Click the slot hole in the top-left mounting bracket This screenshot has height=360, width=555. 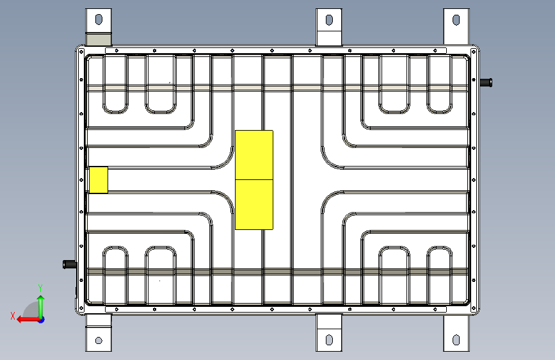click(x=98, y=20)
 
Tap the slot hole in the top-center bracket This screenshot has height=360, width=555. click(x=329, y=20)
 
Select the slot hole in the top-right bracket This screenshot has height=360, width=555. click(x=456, y=20)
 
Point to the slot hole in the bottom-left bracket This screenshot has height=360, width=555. click(x=99, y=340)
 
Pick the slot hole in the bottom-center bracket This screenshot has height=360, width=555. click(x=329, y=340)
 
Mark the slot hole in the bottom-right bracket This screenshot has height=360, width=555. click(x=456, y=340)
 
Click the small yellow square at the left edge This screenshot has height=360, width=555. click(x=98, y=179)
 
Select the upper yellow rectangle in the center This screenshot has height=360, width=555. click(x=254, y=154)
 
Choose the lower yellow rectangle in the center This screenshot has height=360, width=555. click(x=254, y=204)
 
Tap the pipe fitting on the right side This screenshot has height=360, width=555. click(x=487, y=81)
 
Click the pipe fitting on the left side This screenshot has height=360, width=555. click(x=68, y=264)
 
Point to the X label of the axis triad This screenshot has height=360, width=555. click(x=12, y=316)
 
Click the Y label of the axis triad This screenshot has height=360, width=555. click(x=40, y=288)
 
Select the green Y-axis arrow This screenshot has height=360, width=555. click(x=41, y=304)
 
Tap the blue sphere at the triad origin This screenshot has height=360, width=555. click(x=41, y=319)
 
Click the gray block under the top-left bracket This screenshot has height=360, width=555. click(x=99, y=40)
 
